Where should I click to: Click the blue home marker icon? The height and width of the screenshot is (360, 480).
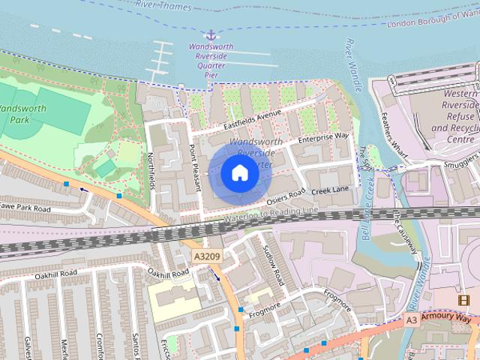tap(240, 174)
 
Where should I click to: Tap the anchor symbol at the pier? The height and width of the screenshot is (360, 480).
tap(212, 34)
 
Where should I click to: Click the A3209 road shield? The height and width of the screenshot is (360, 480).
tap(207, 257)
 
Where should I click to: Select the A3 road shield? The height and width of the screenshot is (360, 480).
tap(411, 319)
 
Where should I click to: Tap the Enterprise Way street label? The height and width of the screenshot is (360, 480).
tap(323, 137)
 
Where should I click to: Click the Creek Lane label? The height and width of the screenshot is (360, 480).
tap(331, 191)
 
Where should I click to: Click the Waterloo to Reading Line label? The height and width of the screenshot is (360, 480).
tap(269, 216)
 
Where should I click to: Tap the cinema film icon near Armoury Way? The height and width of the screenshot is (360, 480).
tap(463, 301)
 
